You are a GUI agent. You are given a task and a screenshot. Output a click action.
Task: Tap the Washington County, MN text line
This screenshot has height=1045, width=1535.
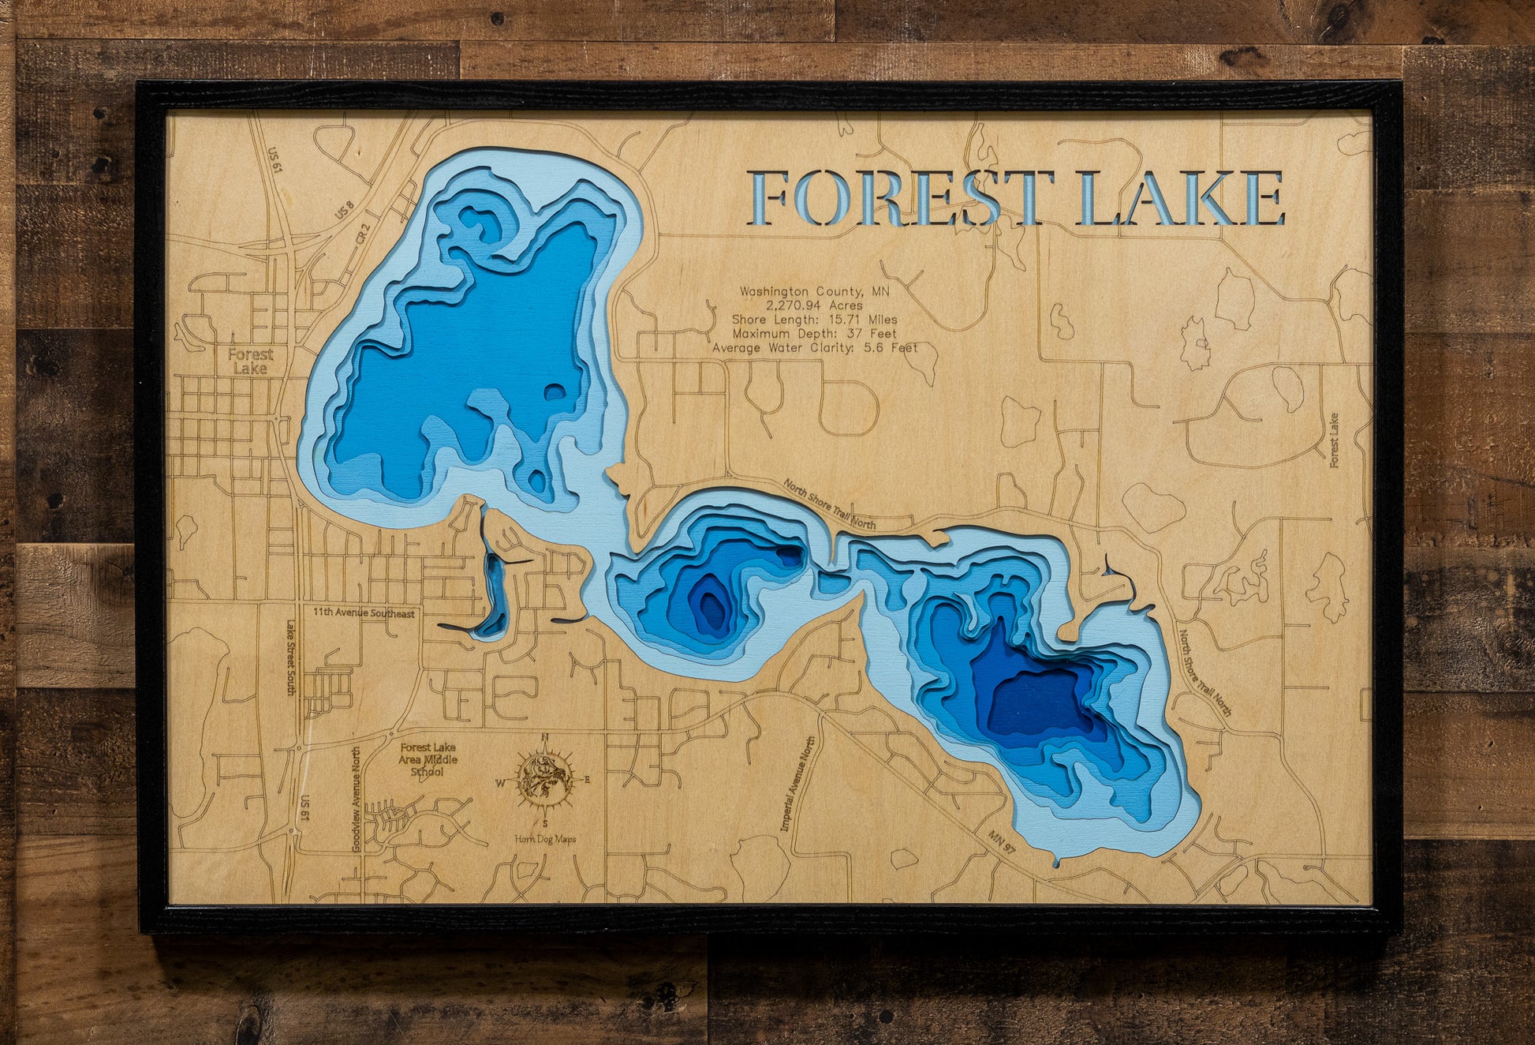(814, 291)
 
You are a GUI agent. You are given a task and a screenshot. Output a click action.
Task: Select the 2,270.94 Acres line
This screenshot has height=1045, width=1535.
(814, 305)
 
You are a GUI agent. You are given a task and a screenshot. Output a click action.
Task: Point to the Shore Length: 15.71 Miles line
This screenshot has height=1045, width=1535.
(814, 320)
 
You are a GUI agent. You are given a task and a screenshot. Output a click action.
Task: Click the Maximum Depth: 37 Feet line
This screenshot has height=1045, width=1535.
(814, 334)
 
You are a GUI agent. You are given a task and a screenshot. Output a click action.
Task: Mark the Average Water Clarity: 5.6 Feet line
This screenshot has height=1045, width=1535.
(814, 348)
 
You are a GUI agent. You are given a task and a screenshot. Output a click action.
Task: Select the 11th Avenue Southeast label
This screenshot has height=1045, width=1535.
(364, 613)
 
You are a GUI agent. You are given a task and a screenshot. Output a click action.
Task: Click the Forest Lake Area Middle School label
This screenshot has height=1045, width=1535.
(428, 758)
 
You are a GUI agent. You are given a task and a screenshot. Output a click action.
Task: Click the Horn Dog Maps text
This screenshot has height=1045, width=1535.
(544, 839)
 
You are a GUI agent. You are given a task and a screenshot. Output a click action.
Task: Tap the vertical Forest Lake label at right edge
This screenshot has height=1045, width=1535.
(1334, 440)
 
